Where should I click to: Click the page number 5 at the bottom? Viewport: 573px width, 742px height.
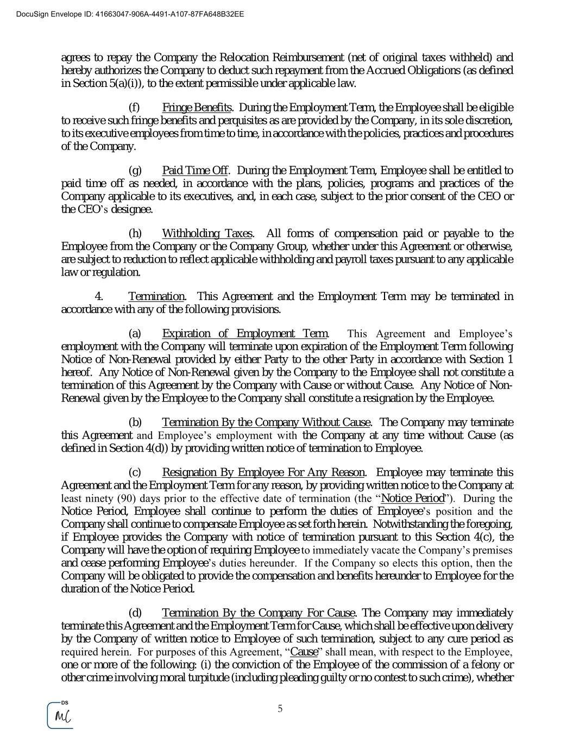coord(280,708)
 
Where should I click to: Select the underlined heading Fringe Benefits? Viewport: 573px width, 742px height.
coord(197,108)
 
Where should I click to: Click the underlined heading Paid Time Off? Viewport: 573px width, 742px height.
coord(195,171)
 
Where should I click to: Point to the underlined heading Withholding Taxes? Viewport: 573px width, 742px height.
coord(207,234)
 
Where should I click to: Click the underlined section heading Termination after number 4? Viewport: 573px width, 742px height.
coord(156,297)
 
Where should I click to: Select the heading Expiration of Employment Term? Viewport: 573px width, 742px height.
coord(245,334)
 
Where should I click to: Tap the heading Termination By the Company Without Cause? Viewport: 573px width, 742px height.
coord(266,423)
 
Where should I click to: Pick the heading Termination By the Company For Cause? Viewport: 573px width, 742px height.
coord(259,614)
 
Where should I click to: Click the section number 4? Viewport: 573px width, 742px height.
coord(99,297)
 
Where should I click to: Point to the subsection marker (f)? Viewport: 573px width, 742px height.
coord(134,108)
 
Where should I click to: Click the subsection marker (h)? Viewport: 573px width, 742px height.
coord(135,234)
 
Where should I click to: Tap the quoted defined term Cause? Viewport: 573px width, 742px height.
coord(304,652)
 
